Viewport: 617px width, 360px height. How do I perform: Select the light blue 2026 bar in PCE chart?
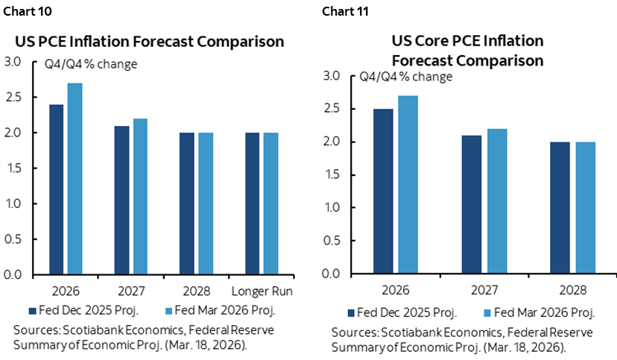click(x=75, y=179)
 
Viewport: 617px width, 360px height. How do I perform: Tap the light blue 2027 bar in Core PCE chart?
click(x=496, y=201)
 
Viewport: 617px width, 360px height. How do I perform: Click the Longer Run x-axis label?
click(x=260, y=291)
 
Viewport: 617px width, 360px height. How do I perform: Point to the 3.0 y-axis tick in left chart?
click(x=13, y=61)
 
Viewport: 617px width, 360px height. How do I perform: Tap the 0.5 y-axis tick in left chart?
click(x=13, y=239)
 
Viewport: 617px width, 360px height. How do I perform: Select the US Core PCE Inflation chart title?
click(x=467, y=49)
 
